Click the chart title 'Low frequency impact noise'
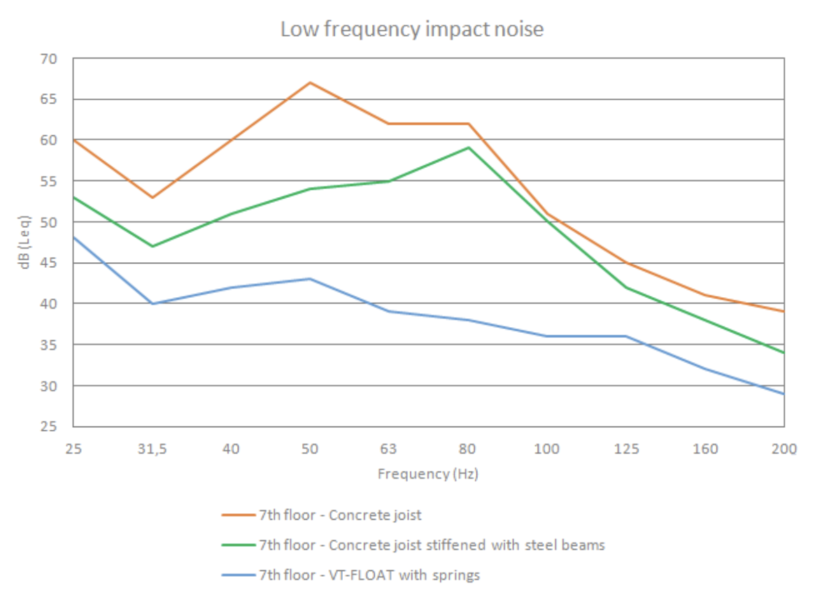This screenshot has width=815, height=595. point(412,29)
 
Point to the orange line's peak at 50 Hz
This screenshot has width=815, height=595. point(310,82)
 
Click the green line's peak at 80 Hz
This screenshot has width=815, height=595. point(469,148)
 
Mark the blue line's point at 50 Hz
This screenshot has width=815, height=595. point(310,278)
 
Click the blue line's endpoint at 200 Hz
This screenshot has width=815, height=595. point(784,394)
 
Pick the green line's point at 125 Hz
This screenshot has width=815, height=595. point(627,287)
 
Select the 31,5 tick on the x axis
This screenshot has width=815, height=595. point(152,449)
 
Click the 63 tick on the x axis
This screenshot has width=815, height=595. point(389,449)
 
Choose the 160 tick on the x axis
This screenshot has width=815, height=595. point(705,449)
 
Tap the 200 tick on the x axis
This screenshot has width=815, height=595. point(784,449)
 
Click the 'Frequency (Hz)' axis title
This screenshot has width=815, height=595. point(427,474)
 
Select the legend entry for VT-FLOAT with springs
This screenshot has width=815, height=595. point(369,575)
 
